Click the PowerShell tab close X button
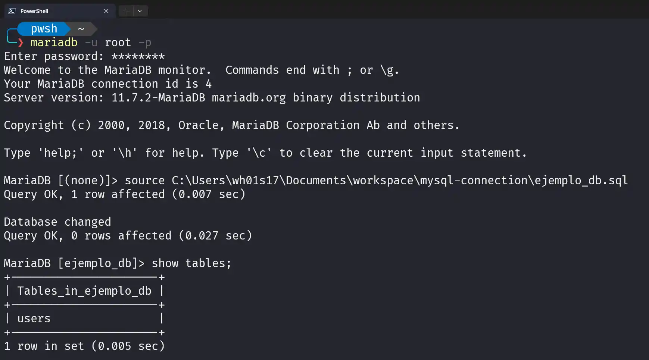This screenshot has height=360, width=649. pyautogui.click(x=106, y=11)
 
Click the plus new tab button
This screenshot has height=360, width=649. pyautogui.click(x=126, y=11)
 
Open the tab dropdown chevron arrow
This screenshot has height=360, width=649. pyautogui.click(x=140, y=11)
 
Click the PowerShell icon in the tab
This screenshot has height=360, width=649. pyautogui.click(x=12, y=11)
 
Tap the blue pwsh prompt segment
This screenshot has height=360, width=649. pyautogui.click(x=44, y=29)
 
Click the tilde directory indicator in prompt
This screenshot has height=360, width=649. pyautogui.click(x=81, y=29)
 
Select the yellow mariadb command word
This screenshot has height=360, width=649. pyautogui.click(x=54, y=43)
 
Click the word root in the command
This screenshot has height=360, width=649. pyautogui.click(x=118, y=43)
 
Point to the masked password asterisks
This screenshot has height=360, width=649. pyautogui.click(x=138, y=57)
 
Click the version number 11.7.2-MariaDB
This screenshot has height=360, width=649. pyautogui.click(x=158, y=98)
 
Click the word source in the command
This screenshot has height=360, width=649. pyautogui.click(x=144, y=181)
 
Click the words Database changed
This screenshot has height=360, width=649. pyautogui.click(x=57, y=222)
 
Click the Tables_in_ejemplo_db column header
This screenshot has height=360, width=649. pyautogui.click(x=84, y=291)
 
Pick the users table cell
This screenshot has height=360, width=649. pyautogui.click(x=34, y=319)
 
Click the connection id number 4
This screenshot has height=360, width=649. pyautogui.click(x=209, y=84)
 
